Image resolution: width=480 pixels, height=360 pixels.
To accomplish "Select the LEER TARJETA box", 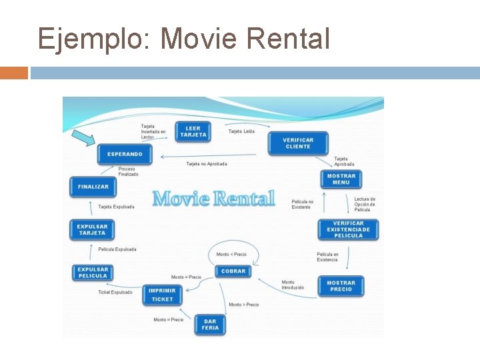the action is tap(193, 131).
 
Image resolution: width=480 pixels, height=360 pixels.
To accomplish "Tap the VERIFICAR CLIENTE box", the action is tap(298, 143).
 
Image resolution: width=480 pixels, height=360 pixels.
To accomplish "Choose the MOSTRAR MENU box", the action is tap(341, 179).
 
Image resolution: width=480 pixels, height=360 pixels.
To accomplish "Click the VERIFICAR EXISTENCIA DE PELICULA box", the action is tap(348, 229).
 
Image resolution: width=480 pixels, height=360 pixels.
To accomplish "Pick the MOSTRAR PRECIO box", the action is tap(341, 286).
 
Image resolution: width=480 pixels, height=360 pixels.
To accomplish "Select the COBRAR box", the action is tap(233, 271).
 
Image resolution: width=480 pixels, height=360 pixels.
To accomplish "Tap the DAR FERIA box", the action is tap(210, 325).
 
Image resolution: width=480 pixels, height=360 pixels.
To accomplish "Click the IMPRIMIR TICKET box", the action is tap(162, 295).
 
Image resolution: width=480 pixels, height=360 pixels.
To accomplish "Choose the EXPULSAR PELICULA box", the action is tap(92, 273).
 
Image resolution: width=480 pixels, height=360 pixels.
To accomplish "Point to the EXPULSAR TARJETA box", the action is tap(92, 229).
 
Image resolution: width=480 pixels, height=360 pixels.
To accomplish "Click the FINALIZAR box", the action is tap(93, 187).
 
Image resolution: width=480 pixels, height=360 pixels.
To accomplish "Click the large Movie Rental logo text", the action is tap(213, 198).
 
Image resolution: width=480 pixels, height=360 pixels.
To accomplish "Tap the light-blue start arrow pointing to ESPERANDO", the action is tap(85, 138).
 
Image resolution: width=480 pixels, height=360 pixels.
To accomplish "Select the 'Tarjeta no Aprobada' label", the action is tap(207, 163).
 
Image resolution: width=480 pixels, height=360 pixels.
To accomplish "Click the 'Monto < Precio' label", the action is tap(231, 254).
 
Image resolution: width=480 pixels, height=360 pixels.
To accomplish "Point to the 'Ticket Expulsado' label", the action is tap(115, 292).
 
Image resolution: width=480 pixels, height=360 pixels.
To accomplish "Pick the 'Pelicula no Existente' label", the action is tap(302, 204).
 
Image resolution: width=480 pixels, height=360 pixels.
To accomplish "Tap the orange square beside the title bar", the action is tap(14, 73).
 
